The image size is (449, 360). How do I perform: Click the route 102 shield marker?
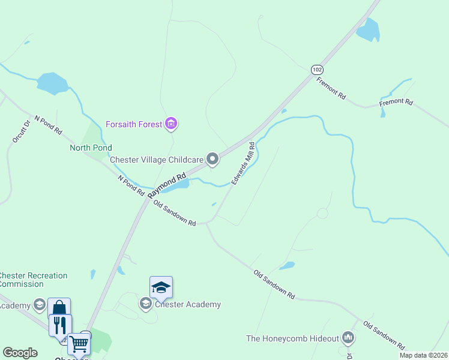(317, 70)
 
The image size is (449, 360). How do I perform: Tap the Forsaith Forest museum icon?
(172, 124)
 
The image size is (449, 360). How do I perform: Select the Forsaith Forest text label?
(134, 124)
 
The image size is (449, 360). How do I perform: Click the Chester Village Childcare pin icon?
(212, 159)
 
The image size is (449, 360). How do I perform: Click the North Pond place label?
(91, 148)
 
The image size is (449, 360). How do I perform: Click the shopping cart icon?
(79, 344)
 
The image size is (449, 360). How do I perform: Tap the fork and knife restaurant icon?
(59, 325)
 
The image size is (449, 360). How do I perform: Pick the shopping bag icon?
(59, 308)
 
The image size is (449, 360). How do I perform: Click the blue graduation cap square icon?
(161, 287)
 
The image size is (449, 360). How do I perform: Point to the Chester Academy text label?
(188, 304)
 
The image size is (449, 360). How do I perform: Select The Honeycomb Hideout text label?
(292, 338)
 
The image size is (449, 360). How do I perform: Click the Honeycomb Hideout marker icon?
(348, 338)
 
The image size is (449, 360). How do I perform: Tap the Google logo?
(20, 353)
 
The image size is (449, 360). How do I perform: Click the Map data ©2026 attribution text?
(423, 355)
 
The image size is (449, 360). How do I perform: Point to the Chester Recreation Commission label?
(33, 280)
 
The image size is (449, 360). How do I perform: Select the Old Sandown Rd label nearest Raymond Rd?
(175, 214)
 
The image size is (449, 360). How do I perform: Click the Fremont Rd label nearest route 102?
(331, 88)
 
